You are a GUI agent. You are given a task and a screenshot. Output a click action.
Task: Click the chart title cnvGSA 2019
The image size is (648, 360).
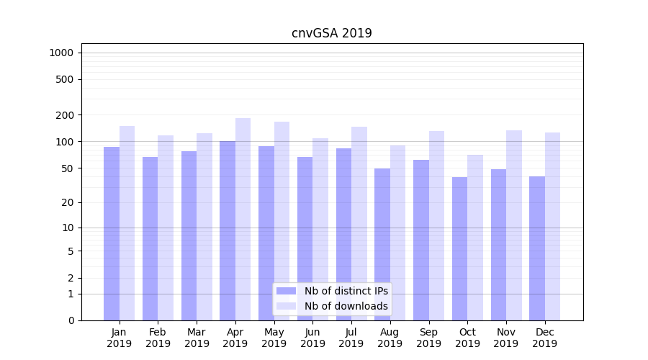point(332,33)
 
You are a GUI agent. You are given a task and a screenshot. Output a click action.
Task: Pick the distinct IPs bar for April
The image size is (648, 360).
point(228,230)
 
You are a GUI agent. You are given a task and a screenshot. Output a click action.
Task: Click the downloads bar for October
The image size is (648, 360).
point(475,238)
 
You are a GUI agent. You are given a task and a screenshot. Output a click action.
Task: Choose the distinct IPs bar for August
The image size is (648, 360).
point(382,244)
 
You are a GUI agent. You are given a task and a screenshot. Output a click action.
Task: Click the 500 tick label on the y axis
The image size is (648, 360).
point(66,79)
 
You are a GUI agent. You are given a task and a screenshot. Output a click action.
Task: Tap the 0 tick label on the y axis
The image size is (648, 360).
point(71,320)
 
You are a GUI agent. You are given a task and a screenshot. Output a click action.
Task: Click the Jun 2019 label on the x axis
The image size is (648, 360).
point(312,338)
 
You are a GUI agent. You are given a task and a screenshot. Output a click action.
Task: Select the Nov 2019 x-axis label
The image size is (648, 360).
point(506,338)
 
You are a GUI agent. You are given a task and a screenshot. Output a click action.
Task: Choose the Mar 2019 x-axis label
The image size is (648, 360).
point(197,338)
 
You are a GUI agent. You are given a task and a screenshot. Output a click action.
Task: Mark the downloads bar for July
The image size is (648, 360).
point(359,223)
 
